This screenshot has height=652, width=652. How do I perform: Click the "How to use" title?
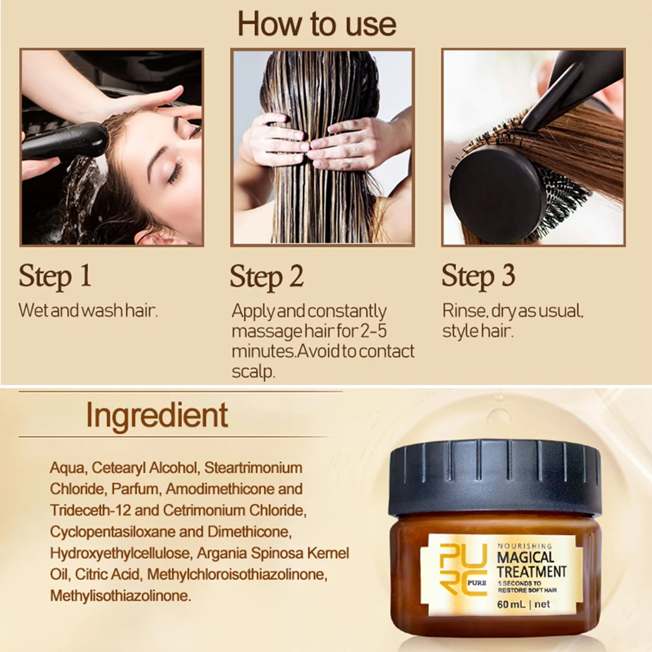317,24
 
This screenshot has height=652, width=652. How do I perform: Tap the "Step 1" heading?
55,276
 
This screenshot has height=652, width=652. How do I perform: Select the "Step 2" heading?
266,277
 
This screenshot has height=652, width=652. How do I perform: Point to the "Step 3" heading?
478,276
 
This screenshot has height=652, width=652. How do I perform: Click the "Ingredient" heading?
157,416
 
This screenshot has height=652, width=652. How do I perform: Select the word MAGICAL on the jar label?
526,558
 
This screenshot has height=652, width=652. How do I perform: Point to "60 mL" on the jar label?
511,604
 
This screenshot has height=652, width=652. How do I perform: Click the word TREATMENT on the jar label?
532,572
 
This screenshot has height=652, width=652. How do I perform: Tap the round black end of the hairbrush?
496,188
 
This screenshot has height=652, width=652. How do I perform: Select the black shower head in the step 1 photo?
64,141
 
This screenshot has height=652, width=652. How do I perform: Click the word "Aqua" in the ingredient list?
68,468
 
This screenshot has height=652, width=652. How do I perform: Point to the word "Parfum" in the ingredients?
135,489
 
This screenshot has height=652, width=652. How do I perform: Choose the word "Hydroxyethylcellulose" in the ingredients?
120,554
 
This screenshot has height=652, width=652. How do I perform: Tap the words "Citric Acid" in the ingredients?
107,574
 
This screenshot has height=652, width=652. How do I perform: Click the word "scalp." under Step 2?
253,371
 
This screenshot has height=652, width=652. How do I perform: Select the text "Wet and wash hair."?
88,311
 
